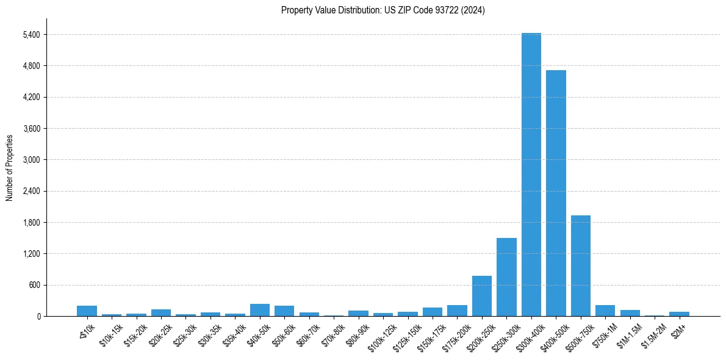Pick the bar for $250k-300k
[506, 277]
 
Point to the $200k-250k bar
[482, 296]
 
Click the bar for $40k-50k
[260, 310]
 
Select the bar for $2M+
[679, 314]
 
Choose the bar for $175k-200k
[457, 311]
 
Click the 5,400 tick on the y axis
[31, 34]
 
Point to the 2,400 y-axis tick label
[31, 191]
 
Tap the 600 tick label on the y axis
[34, 285]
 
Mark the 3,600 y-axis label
[31, 128]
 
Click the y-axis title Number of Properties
[9, 168]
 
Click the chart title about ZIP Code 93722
[383, 10]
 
